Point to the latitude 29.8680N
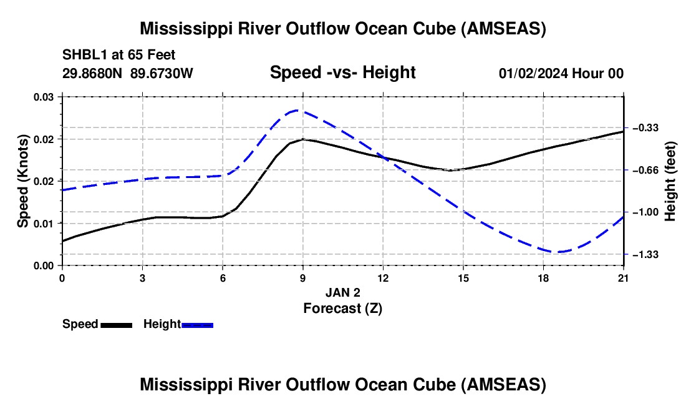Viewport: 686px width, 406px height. point(92,73)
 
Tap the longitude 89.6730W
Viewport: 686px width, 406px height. point(162,73)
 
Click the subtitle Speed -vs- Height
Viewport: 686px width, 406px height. point(342,72)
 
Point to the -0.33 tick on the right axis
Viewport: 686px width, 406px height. point(645,128)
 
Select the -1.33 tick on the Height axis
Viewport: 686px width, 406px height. point(645,254)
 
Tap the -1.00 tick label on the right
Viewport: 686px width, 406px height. point(645,212)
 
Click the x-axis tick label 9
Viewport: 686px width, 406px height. point(302,278)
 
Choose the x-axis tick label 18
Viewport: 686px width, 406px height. point(543,278)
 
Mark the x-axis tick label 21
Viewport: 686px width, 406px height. point(623,278)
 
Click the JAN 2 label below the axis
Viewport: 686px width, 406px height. point(343,292)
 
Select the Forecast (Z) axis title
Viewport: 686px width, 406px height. point(343,309)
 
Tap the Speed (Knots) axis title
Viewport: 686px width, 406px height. point(22,181)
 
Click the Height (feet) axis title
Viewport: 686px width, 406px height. point(670,181)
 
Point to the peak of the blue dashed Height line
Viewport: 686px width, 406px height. point(298,111)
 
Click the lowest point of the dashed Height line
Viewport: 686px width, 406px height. point(560,252)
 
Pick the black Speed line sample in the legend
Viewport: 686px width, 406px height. point(117,325)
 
